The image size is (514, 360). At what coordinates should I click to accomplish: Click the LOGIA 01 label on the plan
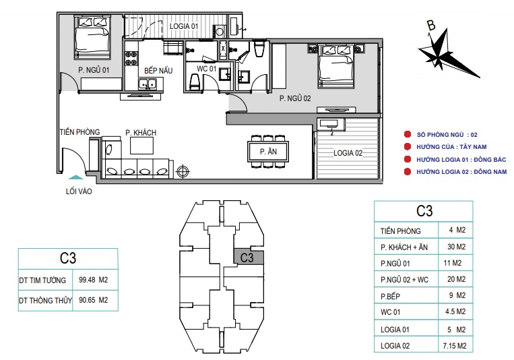pyautogui.click(x=184, y=26)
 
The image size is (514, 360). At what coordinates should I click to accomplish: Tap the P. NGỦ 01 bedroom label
pyautogui.click(x=94, y=70)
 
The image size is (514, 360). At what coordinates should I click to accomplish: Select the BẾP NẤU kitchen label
pyautogui.click(x=158, y=70)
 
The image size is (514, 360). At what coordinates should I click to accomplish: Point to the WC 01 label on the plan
pyautogui.click(x=207, y=69)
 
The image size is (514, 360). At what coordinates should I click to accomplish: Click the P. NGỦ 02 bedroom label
pyautogui.click(x=295, y=98)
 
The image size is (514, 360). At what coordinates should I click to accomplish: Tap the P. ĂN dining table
pyautogui.click(x=269, y=152)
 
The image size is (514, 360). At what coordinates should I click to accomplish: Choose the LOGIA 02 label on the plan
pyautogui.click(x=348, y=153)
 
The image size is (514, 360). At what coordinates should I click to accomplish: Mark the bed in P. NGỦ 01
pyautogui.click(x=92, y=38)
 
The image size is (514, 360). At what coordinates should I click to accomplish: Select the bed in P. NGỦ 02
pyautogui.click(x=336, y=66)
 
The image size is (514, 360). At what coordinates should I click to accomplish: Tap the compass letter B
pyautogui.click(x=431, y=25)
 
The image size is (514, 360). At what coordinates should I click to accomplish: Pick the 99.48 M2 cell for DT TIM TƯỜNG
pyautogui.click(x=94, y=280)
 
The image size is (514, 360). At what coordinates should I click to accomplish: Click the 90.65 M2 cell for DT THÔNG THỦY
pyautogui.click(x=94, y=300)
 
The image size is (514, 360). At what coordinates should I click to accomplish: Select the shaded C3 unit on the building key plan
pyautogui.click(x=249, y=258)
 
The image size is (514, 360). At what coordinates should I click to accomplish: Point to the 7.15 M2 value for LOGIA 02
pyautogui.click(x=455, y=346)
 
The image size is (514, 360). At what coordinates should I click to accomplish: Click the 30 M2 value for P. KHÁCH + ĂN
pyautogui.click(x=456, y=247)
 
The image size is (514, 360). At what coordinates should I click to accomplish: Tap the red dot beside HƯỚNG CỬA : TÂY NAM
pyautogui.click(x=408, y=147)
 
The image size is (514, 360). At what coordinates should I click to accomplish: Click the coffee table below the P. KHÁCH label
pyautogui.click(x=141, y=146)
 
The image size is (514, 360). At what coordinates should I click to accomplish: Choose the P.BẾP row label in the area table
pyautogui.click(x=390, y=297)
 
